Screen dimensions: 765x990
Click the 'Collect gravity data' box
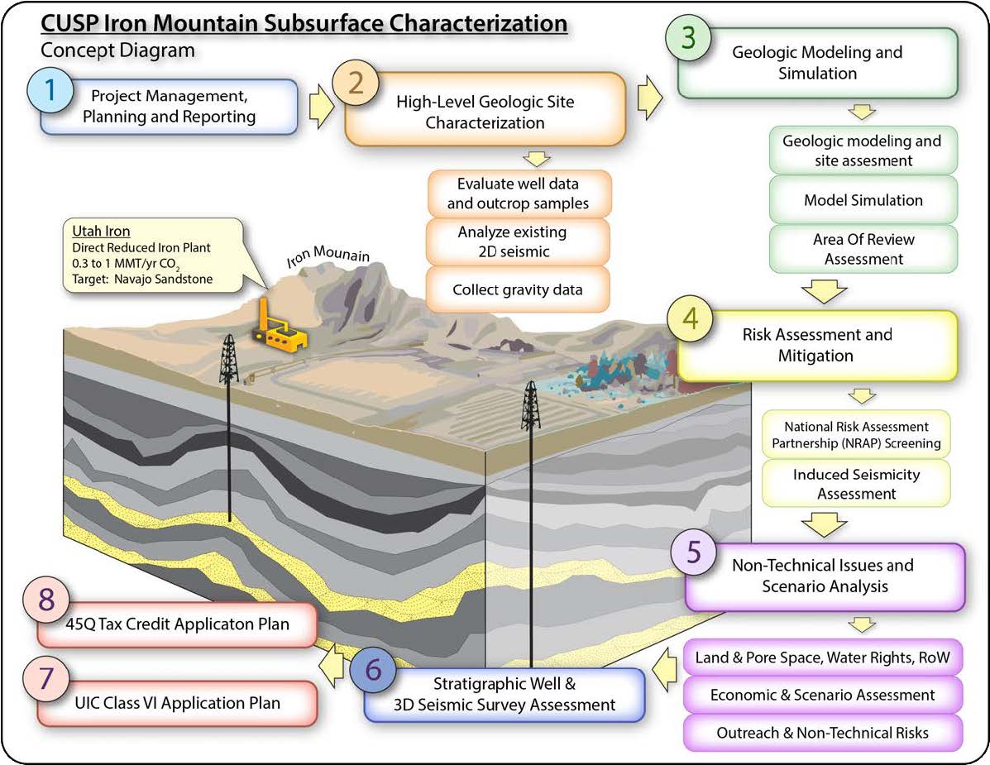(519, 290)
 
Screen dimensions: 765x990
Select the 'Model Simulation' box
(863, 200)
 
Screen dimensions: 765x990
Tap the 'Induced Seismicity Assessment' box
(856, 484)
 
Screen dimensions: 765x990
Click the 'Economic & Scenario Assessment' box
(823, 695)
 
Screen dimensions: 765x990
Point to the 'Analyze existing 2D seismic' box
(519, 241)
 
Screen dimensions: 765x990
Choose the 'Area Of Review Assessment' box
(863, 249)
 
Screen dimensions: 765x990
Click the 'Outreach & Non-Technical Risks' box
(823, 733)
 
